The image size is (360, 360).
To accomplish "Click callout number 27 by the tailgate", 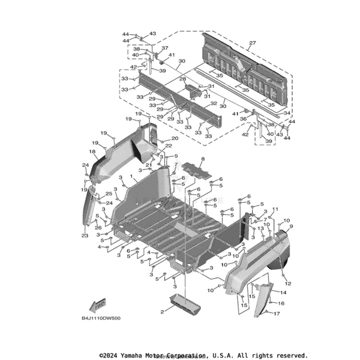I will click(252, 43).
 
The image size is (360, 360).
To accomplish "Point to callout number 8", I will click(203, 159).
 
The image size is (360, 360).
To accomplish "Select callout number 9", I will click(291, 226).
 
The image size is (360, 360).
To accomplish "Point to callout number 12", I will click(288, 283).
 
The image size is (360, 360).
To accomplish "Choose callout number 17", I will click(277, 314).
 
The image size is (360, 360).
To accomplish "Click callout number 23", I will click(85, 236).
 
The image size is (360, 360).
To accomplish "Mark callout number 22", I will click(168, 146).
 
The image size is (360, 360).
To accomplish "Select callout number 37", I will click(165, 48).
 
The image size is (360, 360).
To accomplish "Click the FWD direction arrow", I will click(98, 306).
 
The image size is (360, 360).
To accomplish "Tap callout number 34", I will click(286, 113).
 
